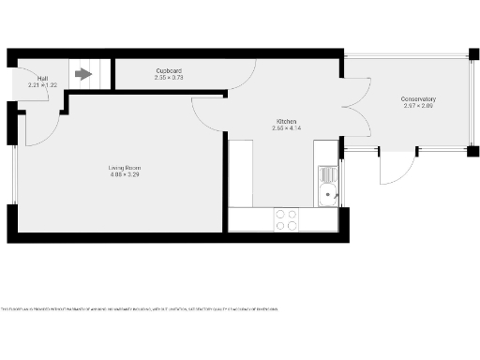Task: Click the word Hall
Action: (43, 78)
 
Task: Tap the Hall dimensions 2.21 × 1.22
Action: (43, 85)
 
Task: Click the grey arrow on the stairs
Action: (83, 71)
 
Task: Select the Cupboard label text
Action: (169, 70)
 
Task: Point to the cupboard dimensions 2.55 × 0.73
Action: (169, 78)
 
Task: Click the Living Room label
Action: (124, 168)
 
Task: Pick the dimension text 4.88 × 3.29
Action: (124, 175)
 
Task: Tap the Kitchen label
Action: (286, 120)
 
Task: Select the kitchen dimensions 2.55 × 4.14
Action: (286, 127)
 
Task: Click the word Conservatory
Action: (418, 99)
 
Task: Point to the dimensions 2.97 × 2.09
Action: (418, 107)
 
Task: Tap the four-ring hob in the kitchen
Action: (286, 219)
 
